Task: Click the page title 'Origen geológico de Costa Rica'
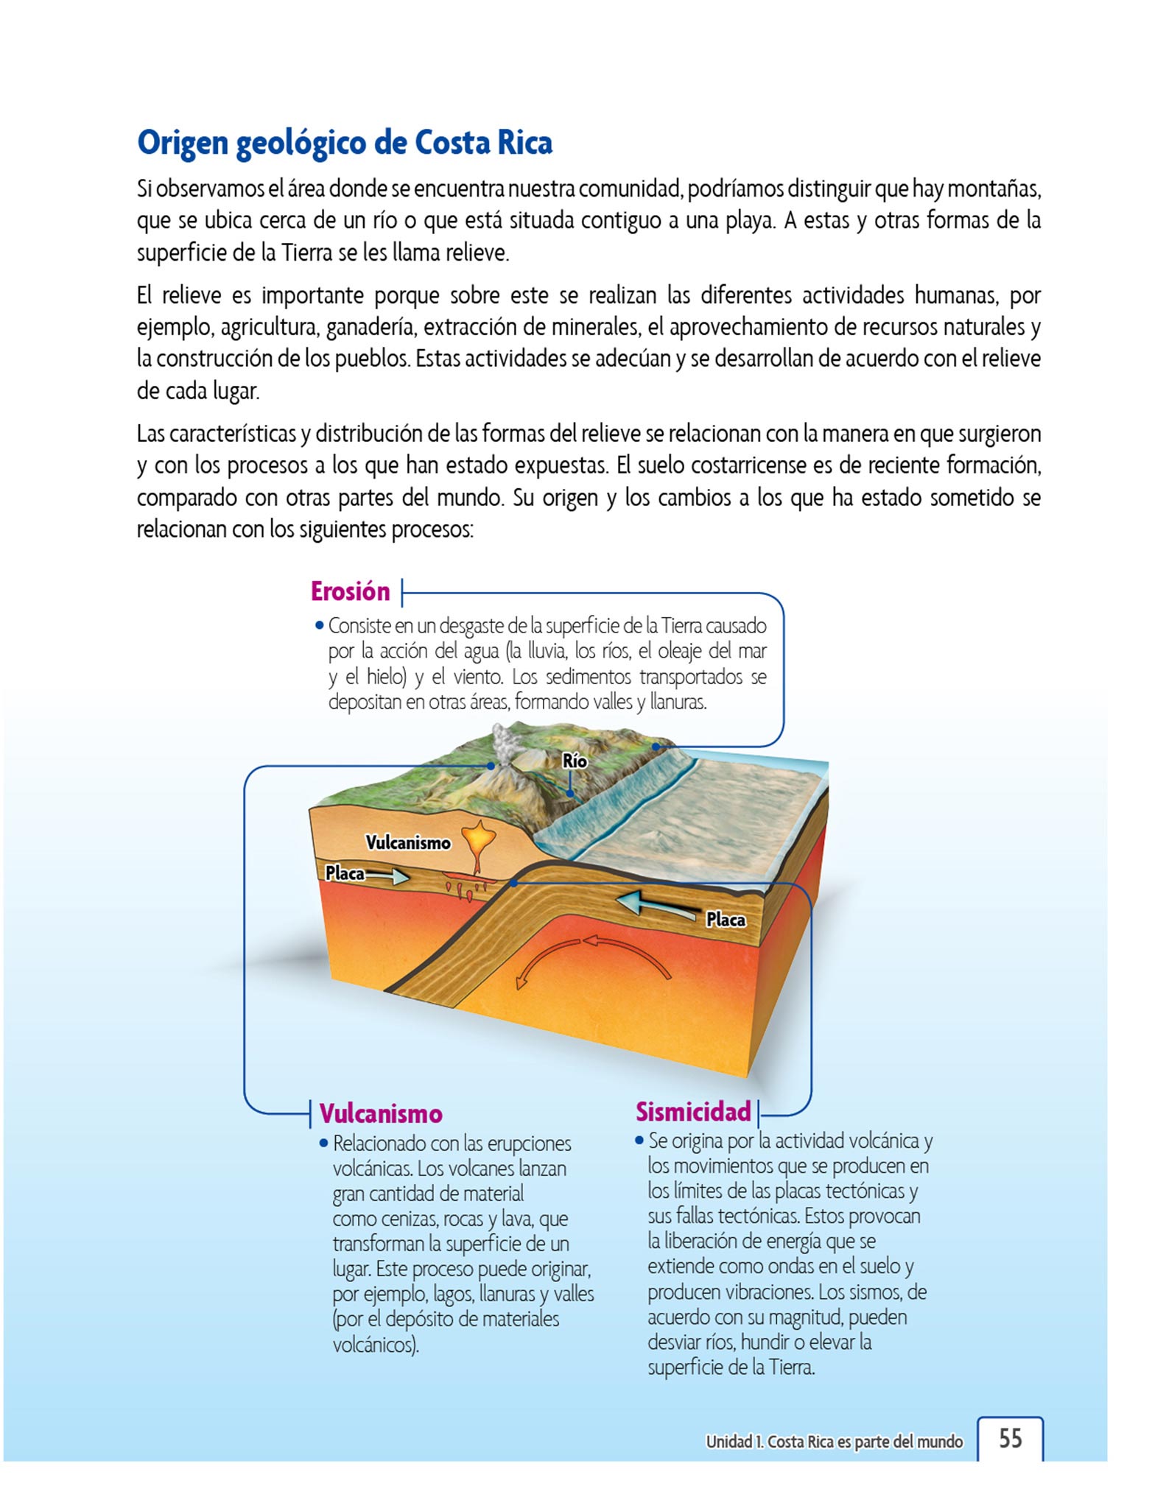pos(345,143)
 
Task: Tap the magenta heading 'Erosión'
pos(350,591)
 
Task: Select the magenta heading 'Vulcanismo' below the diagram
pos(381,1113)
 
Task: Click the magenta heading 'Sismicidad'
pos(693,1111)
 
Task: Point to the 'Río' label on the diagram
pos(575,761)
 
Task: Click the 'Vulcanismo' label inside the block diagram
pos(408,842)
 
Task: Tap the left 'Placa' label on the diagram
pos(345,873)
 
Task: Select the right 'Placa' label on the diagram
pos(726,920)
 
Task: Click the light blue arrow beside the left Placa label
pos(388,875)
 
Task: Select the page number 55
pos(1011,1437)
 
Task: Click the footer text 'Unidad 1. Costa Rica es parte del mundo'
pos(834,1441)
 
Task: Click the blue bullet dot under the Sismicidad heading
pos(639,1141)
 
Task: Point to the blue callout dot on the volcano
pos(491,766)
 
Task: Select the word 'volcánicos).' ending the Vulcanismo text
pos(376,1345)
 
